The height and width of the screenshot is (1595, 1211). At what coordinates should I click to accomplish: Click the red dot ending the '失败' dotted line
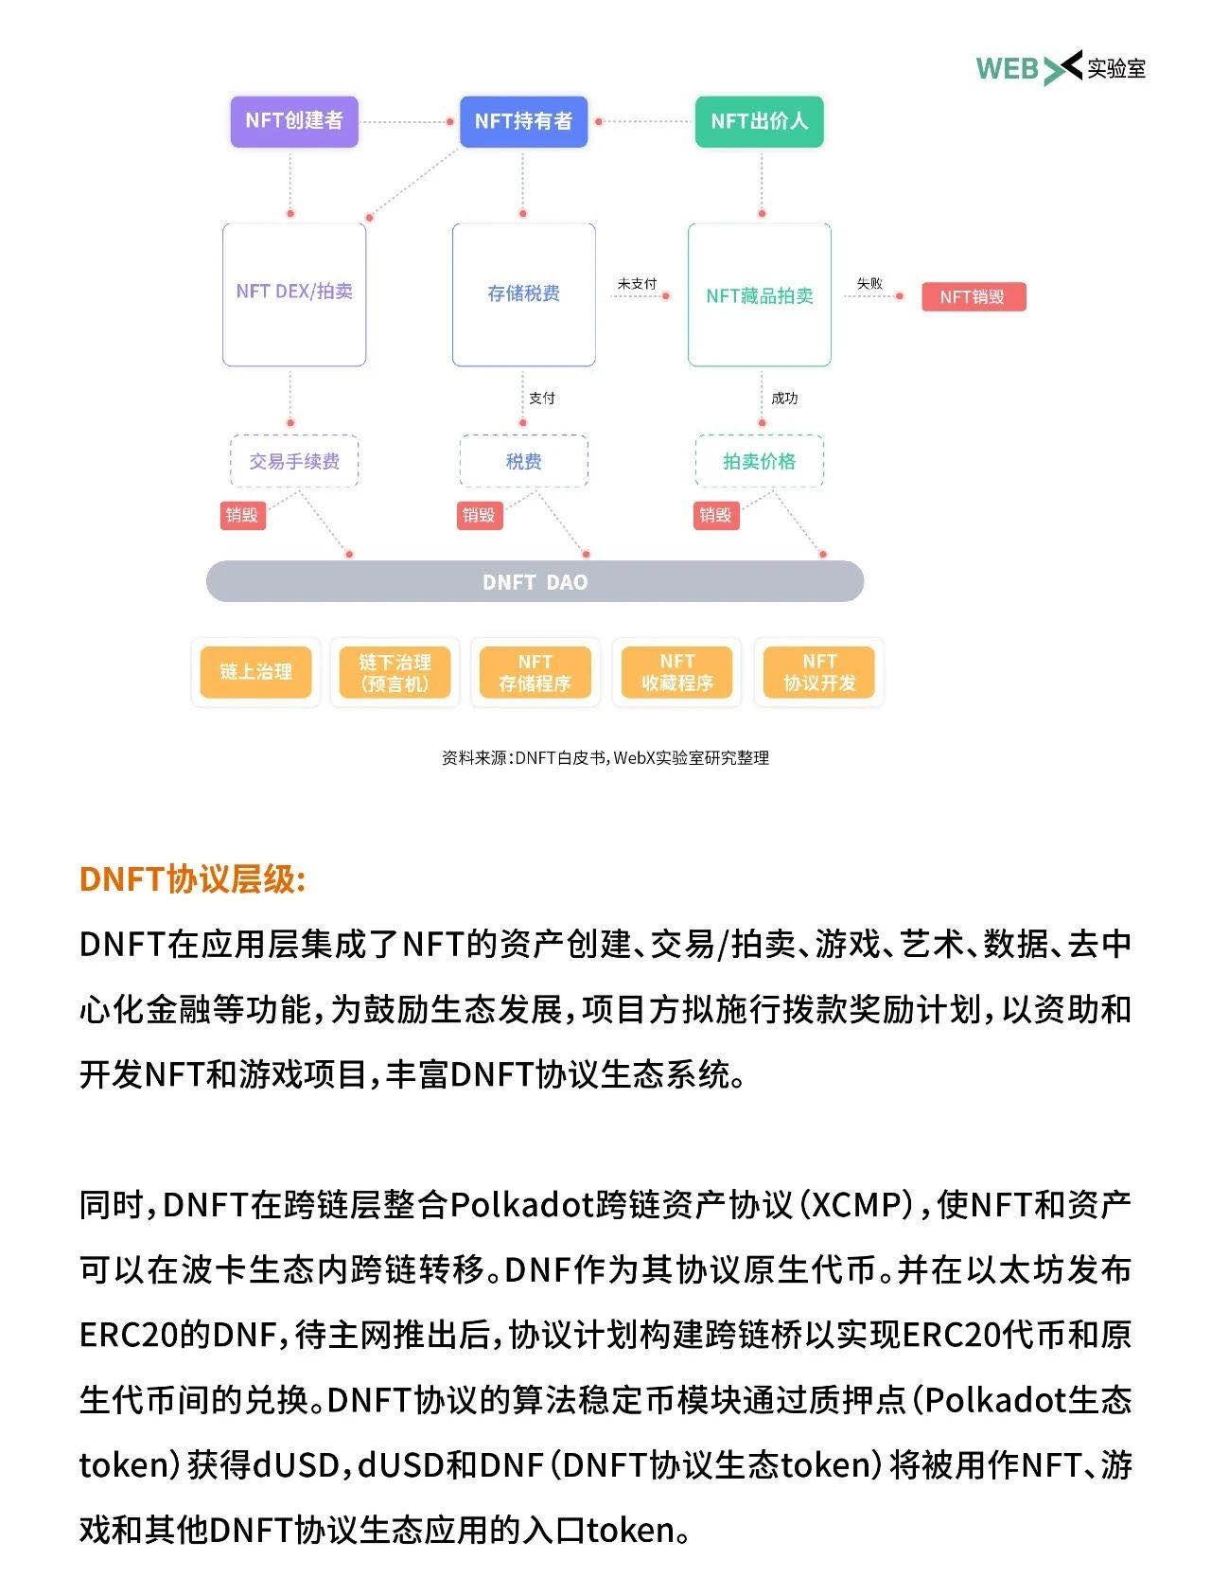(x=899, y=296)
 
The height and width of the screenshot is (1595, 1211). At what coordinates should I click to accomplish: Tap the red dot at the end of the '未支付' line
(x=666, y=296)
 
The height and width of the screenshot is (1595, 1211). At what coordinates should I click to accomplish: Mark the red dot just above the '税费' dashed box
(x=523, y=423)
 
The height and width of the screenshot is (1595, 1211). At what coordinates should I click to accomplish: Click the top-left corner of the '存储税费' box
(x=452, y=224)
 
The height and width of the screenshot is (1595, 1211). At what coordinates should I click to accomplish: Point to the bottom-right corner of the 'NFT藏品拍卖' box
(x=832, y=366)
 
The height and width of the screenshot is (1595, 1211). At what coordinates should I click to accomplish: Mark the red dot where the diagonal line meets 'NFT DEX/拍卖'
(x=369, y=218)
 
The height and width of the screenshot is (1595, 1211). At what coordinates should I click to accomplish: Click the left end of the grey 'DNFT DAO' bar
(x=206, y=581)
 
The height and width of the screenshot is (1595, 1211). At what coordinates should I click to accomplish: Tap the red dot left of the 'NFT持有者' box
(x=450, y=121)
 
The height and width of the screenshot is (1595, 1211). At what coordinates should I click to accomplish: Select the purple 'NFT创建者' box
(x=294, y=121)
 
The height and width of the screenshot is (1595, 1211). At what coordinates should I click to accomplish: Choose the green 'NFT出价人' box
(x=760, y=121)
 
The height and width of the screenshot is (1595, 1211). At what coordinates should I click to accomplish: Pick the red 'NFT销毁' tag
(x=974, y=297)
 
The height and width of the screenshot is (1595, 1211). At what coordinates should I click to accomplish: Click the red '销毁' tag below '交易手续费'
(x=242, y=515)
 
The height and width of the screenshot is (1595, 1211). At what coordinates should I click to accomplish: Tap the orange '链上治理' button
(x=255, y=672)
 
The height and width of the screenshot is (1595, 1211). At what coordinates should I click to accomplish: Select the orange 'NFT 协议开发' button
(x=819, y=672)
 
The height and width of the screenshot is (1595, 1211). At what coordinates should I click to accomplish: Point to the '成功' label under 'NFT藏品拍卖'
(x=784, y=399)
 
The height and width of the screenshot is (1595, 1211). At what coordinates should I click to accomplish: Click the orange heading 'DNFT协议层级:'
(x=193, y=878)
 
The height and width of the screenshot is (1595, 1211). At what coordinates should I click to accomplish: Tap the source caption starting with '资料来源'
(x=605, y=758)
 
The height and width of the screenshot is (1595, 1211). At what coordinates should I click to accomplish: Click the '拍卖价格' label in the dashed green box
(x=760, y=462)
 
